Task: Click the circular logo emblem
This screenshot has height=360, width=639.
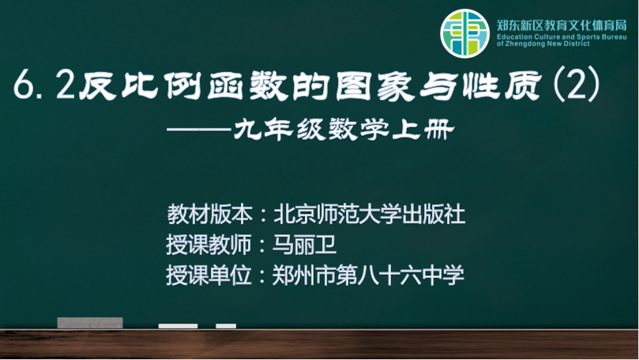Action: (x=464, y=33)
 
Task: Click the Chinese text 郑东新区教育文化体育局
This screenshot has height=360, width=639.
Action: (x=562, y=25)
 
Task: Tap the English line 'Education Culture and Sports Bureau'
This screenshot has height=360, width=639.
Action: (x=562, y=37)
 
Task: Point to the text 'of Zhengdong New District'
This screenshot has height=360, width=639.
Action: (x=543, y=43)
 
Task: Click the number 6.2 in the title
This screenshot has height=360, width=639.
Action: (x=44, y=84)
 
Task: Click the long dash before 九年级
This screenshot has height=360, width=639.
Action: (x=198, y=129)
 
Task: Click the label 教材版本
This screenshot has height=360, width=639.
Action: (x=209, y=214)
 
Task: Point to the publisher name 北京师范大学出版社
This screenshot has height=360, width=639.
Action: (x=369, y=214)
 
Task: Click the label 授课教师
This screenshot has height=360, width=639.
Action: (x=209, y=245)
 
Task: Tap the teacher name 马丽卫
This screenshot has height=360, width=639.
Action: (x=304, y=245)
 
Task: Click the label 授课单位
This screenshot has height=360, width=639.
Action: (x=209, y=276)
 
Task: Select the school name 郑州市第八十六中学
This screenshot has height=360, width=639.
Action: (x=368, y=276)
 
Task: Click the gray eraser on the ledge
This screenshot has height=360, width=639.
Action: (x=90, y=323)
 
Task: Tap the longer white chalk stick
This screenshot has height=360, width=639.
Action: (x=178, y=326)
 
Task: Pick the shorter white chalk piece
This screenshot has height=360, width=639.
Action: (x=226, y=326)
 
